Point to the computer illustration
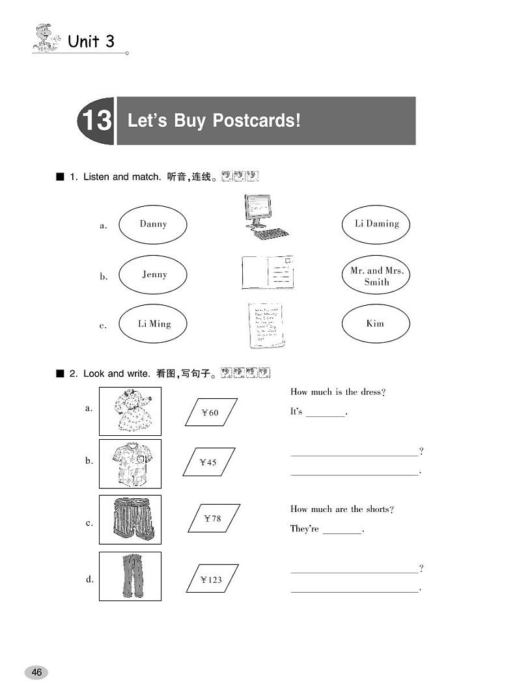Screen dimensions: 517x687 point(266,217)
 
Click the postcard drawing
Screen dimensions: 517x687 point(268,273)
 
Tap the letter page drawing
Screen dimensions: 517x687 point(266,325)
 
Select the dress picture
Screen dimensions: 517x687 point(130,411)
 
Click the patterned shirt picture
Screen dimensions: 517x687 point(130,464)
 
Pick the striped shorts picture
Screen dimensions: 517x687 point(130,520)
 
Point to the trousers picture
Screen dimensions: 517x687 point(130,576)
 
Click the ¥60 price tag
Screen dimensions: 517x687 point(211,412)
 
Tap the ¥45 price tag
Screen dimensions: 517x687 point(209,462)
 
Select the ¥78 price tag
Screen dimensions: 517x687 point(214,519)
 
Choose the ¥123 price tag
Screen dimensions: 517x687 point(212,579)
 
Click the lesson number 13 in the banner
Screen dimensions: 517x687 point(97,120)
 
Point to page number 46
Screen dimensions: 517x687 point(37,672)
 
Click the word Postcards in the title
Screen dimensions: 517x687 point(257,120)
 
